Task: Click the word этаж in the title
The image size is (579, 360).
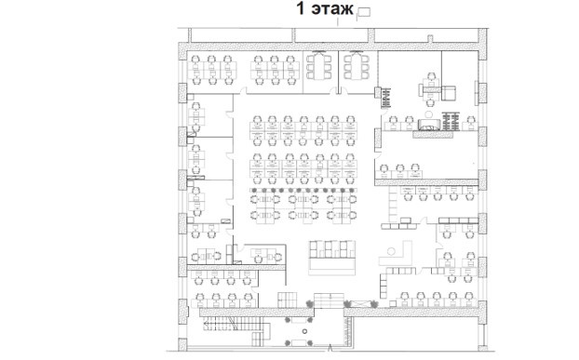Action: coord(332,9)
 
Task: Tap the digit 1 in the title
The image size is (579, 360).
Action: coord(301,8)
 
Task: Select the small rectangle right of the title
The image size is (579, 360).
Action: coord(364,12)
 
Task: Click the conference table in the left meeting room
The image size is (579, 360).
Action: coord(319,66)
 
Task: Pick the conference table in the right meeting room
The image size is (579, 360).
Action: coord(356,66)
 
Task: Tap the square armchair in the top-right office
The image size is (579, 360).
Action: coord(449,93)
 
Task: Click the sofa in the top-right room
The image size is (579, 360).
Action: coord(429,125)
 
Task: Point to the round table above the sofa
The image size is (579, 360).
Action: coord(429,114)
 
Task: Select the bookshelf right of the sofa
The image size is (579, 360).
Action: coord(451,121)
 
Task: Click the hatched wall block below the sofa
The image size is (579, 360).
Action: coord(433,134)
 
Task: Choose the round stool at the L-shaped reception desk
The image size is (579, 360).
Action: coord(391,251)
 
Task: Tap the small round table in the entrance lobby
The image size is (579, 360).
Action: coord(304,331)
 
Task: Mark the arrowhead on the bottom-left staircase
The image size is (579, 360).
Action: coord(206,326)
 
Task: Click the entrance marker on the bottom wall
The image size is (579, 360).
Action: coord(330,348)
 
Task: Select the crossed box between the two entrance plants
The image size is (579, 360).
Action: coord(360,304)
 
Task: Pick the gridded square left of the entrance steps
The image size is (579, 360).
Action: coord(288,300)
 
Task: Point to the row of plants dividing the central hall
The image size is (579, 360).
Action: coord(303,191)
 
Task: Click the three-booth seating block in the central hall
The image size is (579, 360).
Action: coord(332,249)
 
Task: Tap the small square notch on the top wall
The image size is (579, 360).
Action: coord(430,39)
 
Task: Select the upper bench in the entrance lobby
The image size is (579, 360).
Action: coord(299,320)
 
